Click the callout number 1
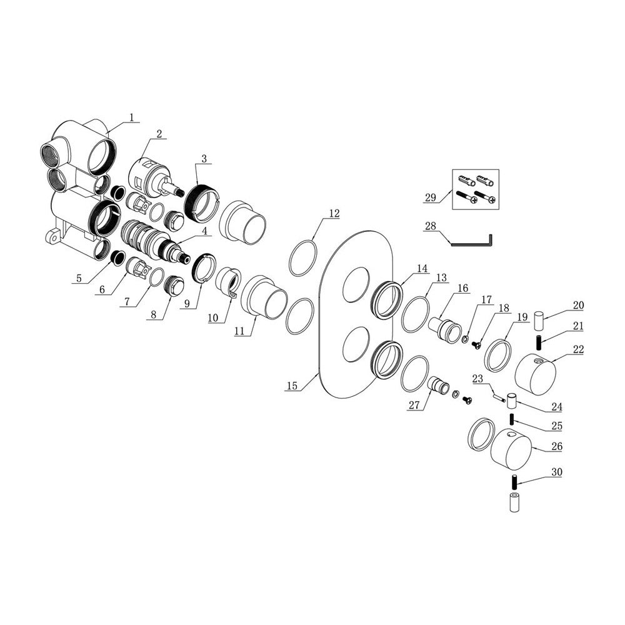click(131, 117)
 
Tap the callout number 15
click(292, 386)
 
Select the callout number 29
click(431, 197)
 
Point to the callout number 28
click(431, 226)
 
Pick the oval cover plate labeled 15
click(356, 314)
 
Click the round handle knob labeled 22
click(536, 372)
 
